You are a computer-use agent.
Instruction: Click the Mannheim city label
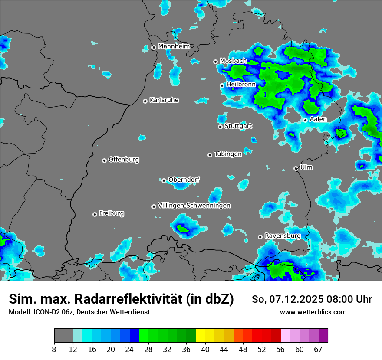point(174,46)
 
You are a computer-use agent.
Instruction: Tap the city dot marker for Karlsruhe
point(145,101)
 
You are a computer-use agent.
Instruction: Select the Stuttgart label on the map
point(238,126)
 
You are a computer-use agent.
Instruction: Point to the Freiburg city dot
point(95,214)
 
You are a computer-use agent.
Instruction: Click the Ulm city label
point(306,167)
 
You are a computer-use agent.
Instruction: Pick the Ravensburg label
point(282,236)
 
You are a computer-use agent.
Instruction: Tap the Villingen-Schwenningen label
point(194,206)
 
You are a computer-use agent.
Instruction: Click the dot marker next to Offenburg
point(104,160)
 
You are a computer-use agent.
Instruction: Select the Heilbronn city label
point(241,85)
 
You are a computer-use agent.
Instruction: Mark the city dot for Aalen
point(305,120)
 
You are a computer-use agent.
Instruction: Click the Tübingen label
point(227,154)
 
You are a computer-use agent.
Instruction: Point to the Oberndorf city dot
point(164,180)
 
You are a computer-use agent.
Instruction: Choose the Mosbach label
point(233,61)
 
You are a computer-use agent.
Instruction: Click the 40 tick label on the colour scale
point(205,350)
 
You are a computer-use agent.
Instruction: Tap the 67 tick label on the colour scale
point(318,350)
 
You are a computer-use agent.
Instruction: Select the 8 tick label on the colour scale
point(54,350)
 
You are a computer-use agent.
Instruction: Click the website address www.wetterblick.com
point(313,312)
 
